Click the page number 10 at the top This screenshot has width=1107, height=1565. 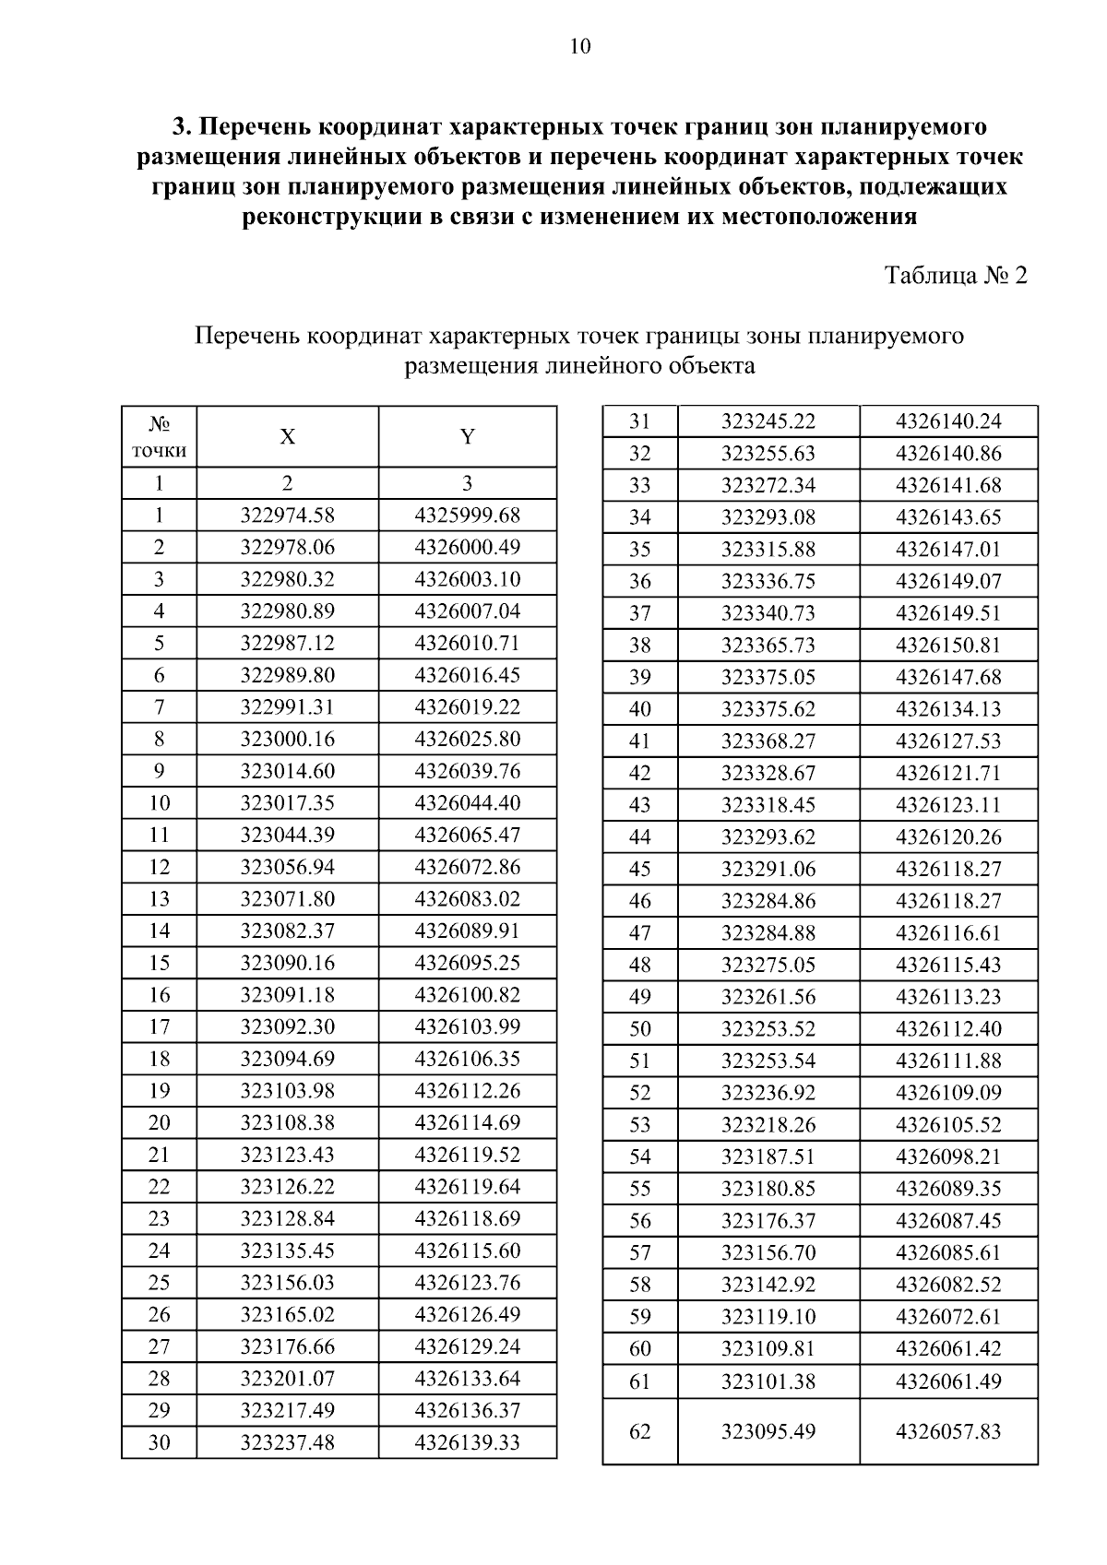(x=580, y=47)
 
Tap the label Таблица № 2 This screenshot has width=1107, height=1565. (x=956, y=276)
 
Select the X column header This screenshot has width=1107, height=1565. (x=288, y=437)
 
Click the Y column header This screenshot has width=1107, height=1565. (x=468, y=437)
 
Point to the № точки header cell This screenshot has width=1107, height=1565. (x=159, y=437)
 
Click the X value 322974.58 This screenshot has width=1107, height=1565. (x=288, y=515)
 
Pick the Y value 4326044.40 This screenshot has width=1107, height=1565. (x=468, y=802)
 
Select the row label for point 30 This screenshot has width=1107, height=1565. (x=159, y=1442)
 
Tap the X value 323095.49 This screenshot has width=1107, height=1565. (x=768, y=1431)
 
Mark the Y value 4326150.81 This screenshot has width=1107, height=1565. (x=948, y=645)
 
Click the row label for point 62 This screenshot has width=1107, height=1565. (x=639, y=1431)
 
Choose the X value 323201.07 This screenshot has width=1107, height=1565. (x=288, y=1379)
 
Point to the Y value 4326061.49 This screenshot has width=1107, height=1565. (x=948, y=1381)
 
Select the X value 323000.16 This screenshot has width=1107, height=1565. (x=288, y=739)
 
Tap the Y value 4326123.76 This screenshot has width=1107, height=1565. (x=468, y=1283)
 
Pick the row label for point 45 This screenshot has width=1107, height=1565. (x=639, y=869)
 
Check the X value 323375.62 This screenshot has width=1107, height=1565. (x=768, y=709)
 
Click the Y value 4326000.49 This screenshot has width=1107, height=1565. (x=468, y=547)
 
